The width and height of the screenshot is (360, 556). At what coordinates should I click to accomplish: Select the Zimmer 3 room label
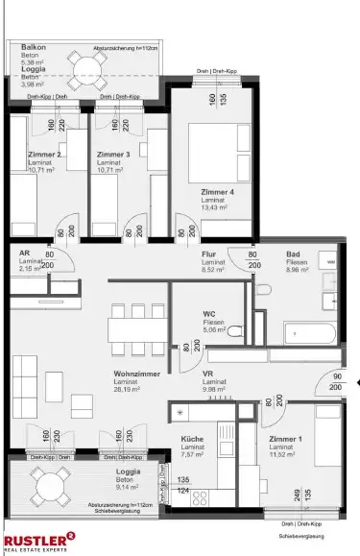click(113, 155)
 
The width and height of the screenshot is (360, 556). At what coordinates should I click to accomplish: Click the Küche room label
click(193, 439)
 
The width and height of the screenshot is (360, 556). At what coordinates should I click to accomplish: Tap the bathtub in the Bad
click(304, 337)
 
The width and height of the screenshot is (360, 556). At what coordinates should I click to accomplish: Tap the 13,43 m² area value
click(214, 206)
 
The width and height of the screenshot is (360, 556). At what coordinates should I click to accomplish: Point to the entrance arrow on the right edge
click(355, 382)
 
